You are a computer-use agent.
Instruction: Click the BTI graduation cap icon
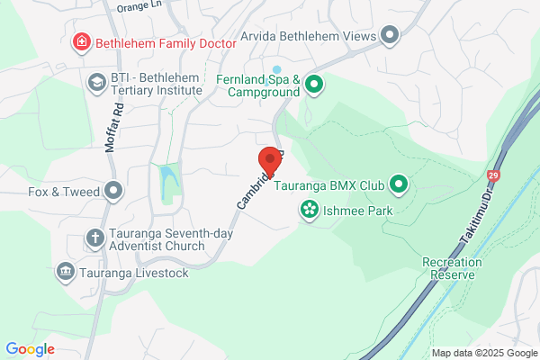[95, 83]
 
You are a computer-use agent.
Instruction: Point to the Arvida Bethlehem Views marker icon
[390, 36]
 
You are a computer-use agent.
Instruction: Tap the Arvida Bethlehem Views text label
[307, 37]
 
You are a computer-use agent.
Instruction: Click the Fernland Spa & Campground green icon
[313, 85]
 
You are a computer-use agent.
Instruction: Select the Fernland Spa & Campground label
[257, 85]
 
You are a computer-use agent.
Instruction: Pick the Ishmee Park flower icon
[309, 210]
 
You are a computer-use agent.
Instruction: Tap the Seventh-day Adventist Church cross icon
[94, 238]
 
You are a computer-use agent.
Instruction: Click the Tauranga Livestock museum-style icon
[65, 271]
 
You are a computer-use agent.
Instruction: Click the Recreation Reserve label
[452, 268]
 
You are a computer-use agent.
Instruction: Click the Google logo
[30, 349]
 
